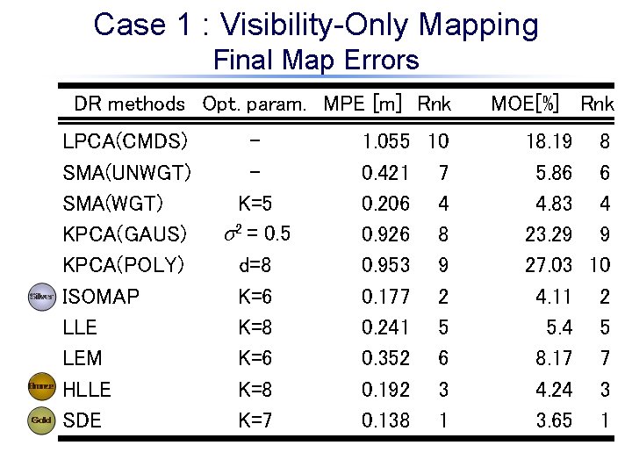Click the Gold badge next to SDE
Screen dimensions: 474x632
coord(41,420)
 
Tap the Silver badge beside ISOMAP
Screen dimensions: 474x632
coord(41,297)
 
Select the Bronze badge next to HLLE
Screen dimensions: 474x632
coord(41,386)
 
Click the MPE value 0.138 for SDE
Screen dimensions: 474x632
coord(386,420)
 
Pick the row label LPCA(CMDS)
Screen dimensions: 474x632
coord(126,141)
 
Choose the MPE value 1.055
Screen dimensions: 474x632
coord(386,141)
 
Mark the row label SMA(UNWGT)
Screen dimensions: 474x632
coord(128,173)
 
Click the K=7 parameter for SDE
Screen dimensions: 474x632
coord(255,420)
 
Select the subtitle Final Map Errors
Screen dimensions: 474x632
coord(316,61)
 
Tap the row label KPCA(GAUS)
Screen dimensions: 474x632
coord(126,234)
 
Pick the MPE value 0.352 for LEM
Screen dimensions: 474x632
coord(386,358)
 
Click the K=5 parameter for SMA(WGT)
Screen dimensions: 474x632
coord(255,204)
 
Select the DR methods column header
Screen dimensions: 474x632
coord(130,104)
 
